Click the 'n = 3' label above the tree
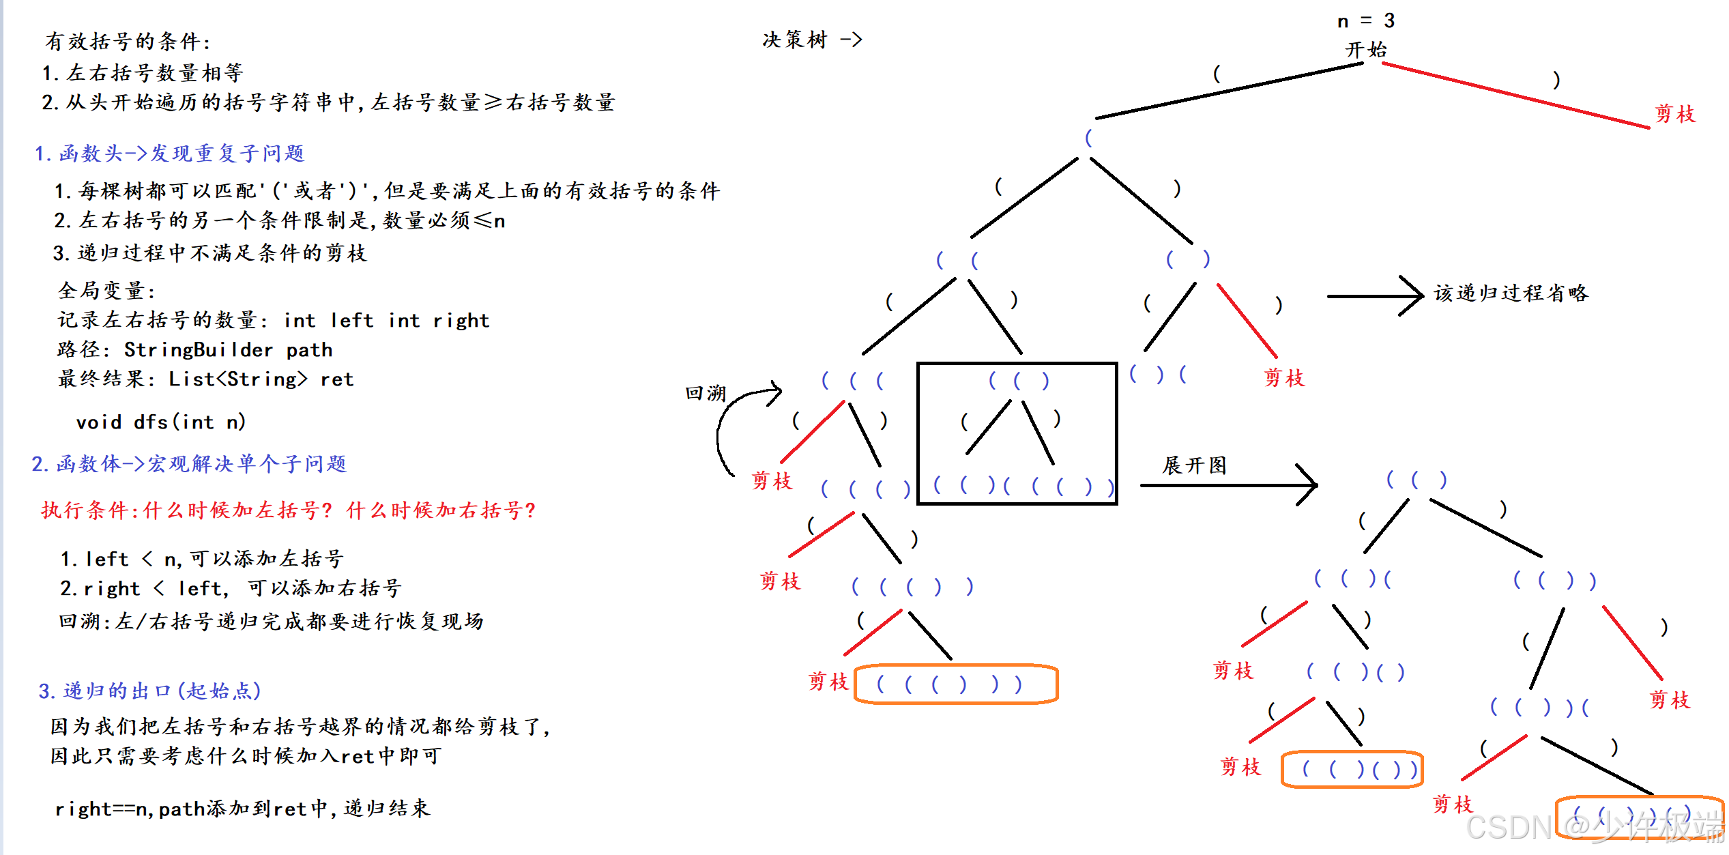pyautogui.click(x=1365, y=21)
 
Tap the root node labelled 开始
pyautogui.click(x=1365, y=50)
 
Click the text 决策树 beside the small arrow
pyautogui.click(x=794, y=40)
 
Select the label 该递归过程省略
pyautogui.click(x=1511, y=293)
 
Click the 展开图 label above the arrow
pyautogui.click(x=1194, y=465)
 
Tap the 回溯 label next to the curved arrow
pyautogui.click(x=705, y=393)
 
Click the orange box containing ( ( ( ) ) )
pyautogui.click(x=955, y=684)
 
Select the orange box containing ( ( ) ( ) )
pyautogui.click(x=1352, y=770)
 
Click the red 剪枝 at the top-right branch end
pyautogui.click(x=1674, y=114)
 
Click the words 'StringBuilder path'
pyautogui.click(x=228, y=350)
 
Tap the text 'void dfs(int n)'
pyautogui.click(x=160, y=422)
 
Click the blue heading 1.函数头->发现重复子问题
pyautogui.click(x=169, y=154)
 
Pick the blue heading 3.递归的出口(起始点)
pyautogui.click(x=149, y=691)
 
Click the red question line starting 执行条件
pyautogui.click(x=288, y=510)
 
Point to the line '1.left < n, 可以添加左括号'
pyautogui.click(x=201, y=560)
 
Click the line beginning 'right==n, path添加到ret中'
pyautogui.click(x=242, y=809)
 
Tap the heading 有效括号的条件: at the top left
pyautogui.click(x=128, y=42)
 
